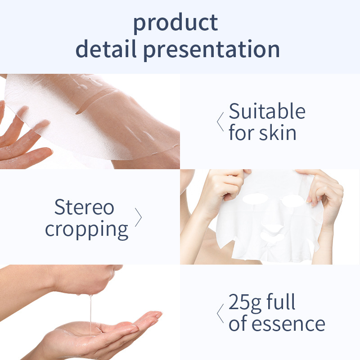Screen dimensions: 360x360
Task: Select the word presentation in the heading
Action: coord(211,50)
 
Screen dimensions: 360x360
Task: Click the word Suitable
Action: coord(267,111)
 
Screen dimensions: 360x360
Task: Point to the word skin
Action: coord(278,132)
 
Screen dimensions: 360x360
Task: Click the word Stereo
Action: coord(84,207)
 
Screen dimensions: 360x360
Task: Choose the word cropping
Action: coord(86,230)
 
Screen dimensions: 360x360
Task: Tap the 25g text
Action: coord(245,303)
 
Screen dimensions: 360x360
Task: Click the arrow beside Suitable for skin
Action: coord(220,121)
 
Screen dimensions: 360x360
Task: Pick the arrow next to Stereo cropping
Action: coord(139,217)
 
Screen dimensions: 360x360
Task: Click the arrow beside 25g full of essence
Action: coord(220,313)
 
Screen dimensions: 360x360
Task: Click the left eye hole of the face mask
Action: coord(255,198)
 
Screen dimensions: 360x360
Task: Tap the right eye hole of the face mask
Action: coord(293,201)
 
